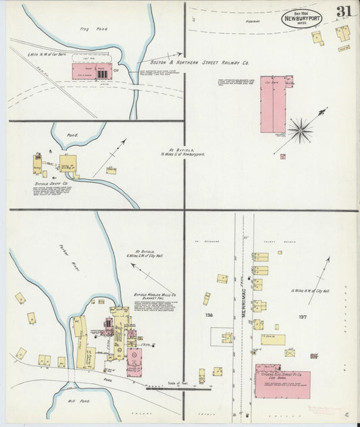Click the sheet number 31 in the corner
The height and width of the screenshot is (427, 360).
pos(343,12)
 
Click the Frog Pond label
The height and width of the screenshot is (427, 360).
pos(99,29)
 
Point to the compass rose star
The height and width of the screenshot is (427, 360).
pos(300,128)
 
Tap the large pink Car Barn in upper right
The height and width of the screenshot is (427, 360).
pos(273,104)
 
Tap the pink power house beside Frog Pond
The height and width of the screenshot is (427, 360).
pos(91,71)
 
